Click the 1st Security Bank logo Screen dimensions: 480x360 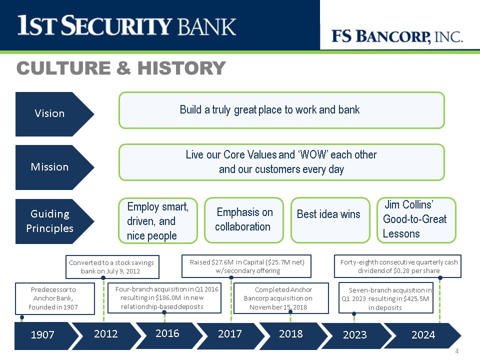click(x=126, y=25)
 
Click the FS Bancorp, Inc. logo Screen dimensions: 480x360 click(x=397, y=36)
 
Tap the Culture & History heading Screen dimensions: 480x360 click(x=121, y=67)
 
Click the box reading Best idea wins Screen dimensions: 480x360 click(x=330, y=220)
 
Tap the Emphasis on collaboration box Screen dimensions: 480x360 click(x=244, y=220)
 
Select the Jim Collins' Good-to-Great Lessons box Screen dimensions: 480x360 click(x=416, y=220)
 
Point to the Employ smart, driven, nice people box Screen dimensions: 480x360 click(x=158, y=220)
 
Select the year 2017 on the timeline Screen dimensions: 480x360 click(x=230, y=333)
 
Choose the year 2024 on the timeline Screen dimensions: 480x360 click(x=423, y=334)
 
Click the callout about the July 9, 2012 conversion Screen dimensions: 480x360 click(x=112, y=267)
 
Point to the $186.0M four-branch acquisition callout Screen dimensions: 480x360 click(x=164, y=298)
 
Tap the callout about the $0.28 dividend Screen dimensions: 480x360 click(x=397, y=266)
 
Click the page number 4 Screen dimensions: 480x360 click(x=456, y=351)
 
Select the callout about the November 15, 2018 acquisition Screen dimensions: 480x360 click(x=281, y=298)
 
